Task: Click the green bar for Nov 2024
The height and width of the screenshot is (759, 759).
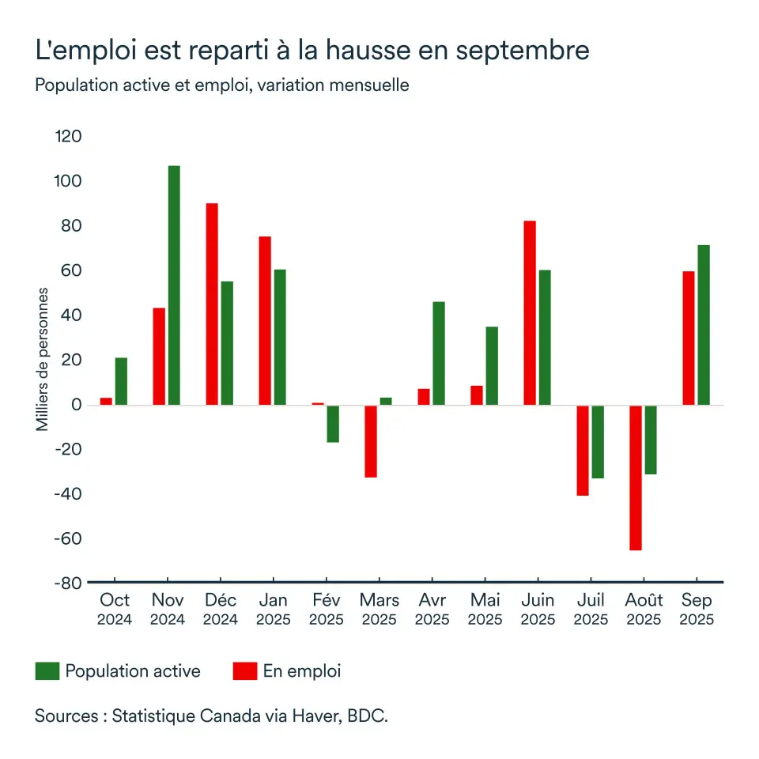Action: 174,285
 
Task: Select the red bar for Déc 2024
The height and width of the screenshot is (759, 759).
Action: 212,304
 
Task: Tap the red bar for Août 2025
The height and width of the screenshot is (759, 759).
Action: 636,478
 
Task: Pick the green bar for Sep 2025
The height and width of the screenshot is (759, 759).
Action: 704,325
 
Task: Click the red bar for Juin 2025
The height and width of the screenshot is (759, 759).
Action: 530,313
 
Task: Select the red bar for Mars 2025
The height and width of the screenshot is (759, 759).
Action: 371,441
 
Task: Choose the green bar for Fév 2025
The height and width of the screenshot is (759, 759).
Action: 333,424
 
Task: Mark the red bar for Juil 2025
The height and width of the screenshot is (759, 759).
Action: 583,451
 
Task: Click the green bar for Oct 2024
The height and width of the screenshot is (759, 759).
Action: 121,381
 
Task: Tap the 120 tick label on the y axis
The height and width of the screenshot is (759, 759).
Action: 69,137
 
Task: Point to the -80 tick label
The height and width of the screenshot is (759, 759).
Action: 66,583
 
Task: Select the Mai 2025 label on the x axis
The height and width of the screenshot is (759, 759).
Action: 485,609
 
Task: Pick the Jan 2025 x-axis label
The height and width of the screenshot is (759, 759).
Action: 273,609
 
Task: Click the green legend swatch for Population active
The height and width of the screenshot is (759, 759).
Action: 47,672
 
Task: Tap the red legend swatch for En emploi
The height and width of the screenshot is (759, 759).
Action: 245,672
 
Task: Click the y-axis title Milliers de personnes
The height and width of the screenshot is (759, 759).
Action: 43,360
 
